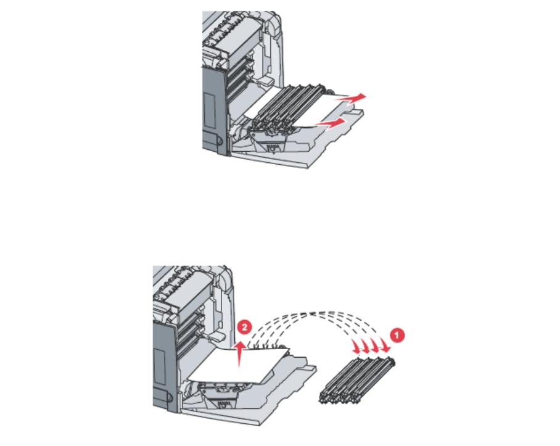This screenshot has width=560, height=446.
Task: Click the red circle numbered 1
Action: tap(399, 334)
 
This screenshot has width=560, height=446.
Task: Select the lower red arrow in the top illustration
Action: tap(329, 125)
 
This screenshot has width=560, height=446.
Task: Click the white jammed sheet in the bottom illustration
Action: tap(234, 370)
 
